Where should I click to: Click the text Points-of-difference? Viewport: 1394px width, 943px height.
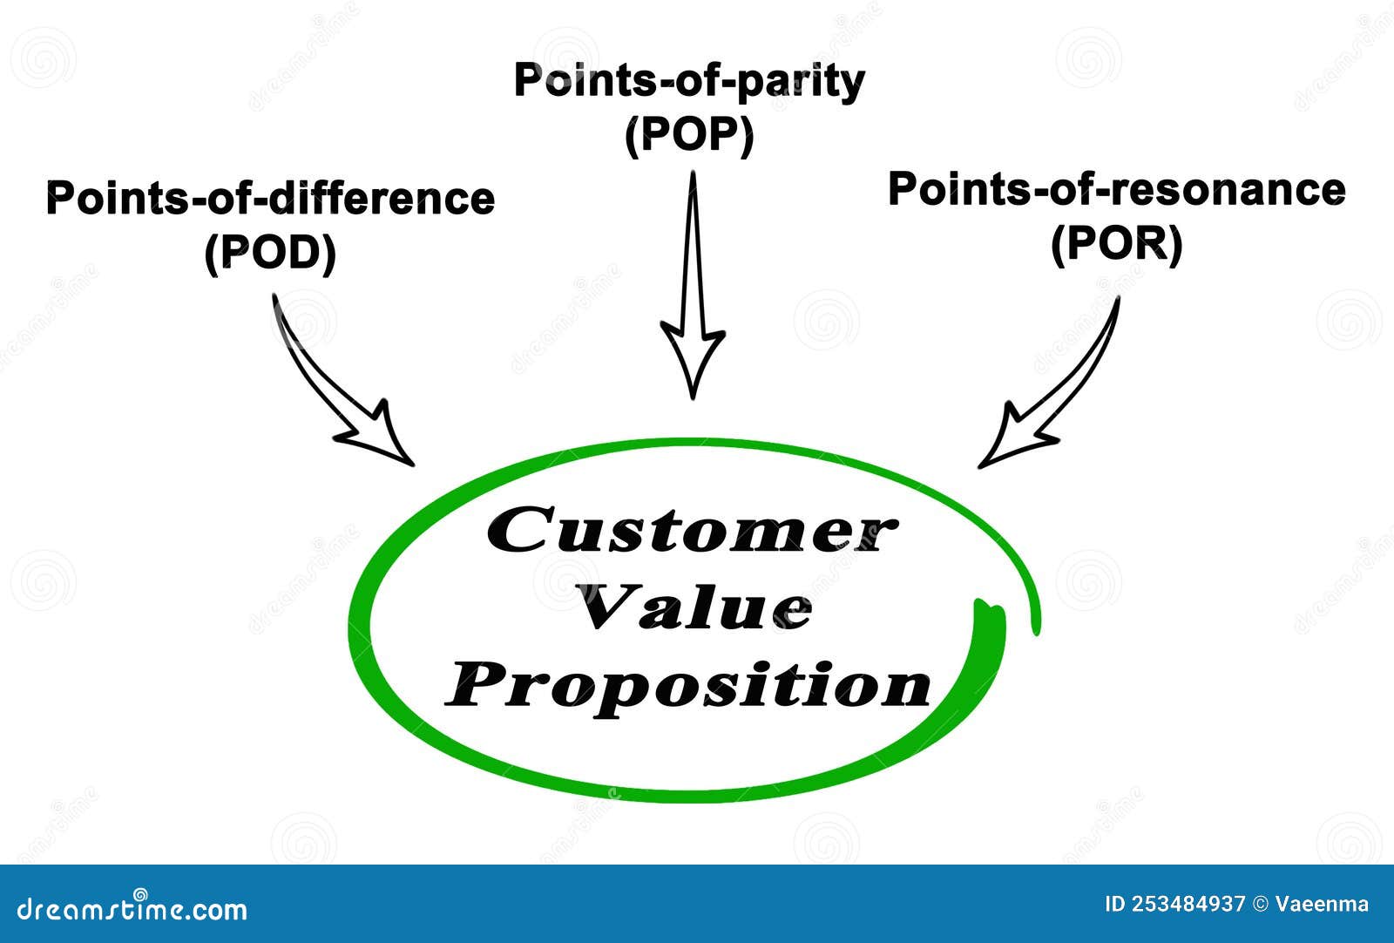tap(270, 198)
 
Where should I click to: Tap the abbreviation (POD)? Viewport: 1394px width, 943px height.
tap(270, 254)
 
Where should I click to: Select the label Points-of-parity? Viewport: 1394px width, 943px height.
tap(689, 81)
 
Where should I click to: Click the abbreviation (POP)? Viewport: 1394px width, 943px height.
tap(689, 136)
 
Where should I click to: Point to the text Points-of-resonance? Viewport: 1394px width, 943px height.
tap(1116, 189)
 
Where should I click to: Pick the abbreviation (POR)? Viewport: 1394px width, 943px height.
tap(1116, 245)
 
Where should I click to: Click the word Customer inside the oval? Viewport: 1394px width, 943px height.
tap(690, 531)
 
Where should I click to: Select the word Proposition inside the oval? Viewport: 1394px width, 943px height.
tap(688, 686)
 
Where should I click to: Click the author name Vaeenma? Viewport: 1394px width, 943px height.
tap(1322, 905)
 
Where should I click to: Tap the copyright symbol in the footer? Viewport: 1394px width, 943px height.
tap(1261, 905)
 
